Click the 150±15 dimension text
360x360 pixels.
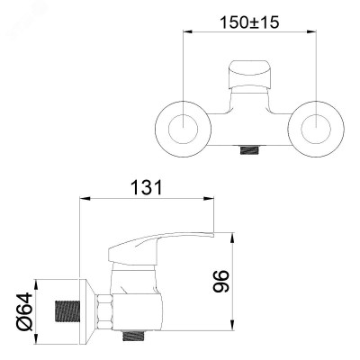click(x=249, y=22)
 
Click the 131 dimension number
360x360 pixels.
click(x=147, y=188)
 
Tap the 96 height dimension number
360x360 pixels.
click(x=221, y=281)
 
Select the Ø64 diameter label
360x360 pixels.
click(x=24, y=311)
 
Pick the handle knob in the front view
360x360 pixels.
click(x=249, y=75)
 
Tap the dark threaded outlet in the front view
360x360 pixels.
click(x=249, y=149)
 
